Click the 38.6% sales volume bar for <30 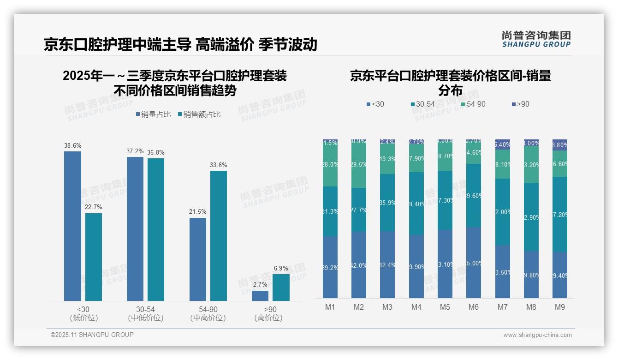click(72, 226)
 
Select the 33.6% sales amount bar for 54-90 click(219, 236)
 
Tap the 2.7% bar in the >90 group click(260, 296)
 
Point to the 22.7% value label click(94, 207)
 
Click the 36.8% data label click(156, 152)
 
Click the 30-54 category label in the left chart click(145, 309)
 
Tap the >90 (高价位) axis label click(270, 313)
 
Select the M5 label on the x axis click(445, 307)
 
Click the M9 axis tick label click(560, 307)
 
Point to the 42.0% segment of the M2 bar click(359, 265)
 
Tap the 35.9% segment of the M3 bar click(387, 203)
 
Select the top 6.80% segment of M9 click(560, 145)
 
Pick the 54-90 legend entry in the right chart click(474, 104)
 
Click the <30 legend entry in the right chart click(375, 104)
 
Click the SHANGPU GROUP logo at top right click(536, 39)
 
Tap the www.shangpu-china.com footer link click(537, 335)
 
